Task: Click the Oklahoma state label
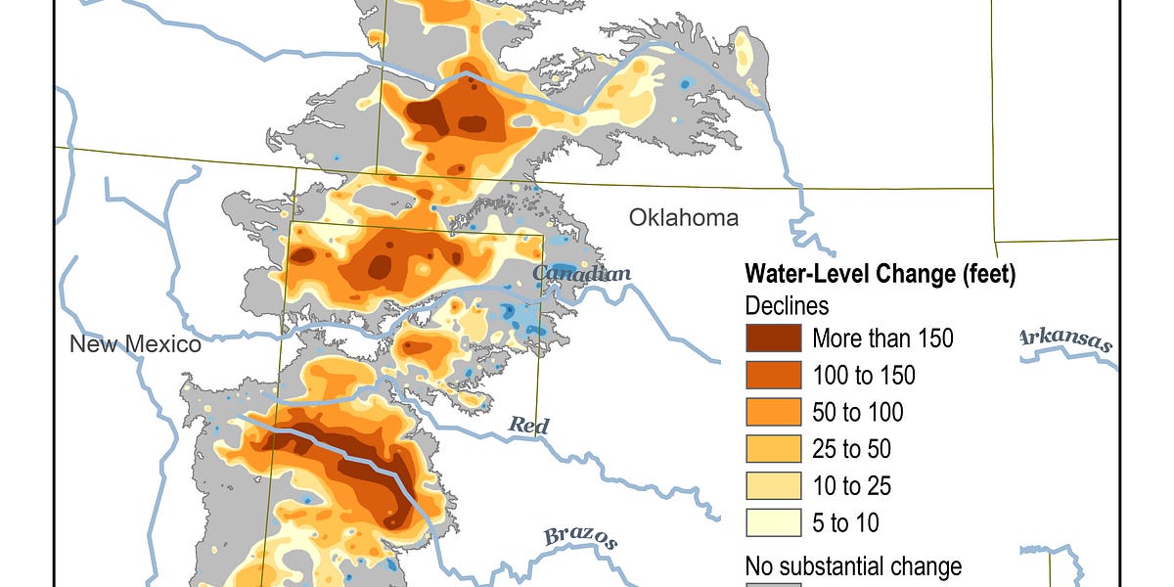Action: (x=683, y=217)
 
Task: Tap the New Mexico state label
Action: (x=135, y=345)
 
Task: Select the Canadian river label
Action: (x=581, y=274)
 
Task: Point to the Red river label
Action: (x=528, y=426)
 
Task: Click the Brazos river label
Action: (x=581, y=537)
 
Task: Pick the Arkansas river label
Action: (x=1065, y=339)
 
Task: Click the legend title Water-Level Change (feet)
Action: (x=880, y=275)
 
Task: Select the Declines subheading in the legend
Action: (x=787, y=306)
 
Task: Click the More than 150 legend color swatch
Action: (x=773, y=339)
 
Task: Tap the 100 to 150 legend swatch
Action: (x=773, y=376)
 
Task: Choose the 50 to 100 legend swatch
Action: (x=773, y=412)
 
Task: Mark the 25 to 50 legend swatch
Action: (x=773, y=449)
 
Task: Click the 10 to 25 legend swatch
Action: (x=773, y=486)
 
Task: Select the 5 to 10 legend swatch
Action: (x=773, y=522)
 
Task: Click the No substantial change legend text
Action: (x=853, y=566)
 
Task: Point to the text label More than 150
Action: (x=882, y=339)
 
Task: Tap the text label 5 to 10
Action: (x=845, y=523)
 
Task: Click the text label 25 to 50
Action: (x=851, y=449)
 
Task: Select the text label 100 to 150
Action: (x=864, y=376)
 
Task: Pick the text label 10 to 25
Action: (x=851, y=486)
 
